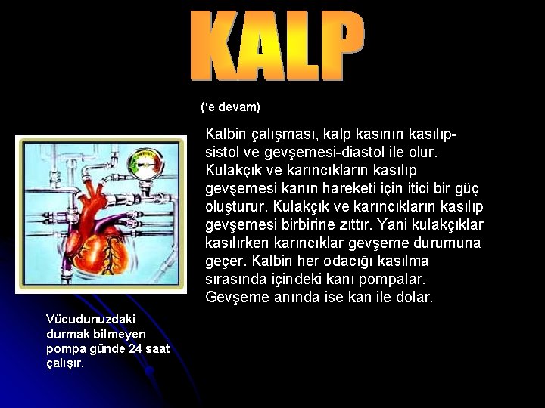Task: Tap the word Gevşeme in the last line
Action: pos(232,297)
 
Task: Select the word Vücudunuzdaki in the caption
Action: pos(80,320)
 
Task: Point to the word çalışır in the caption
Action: pos(64,363)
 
